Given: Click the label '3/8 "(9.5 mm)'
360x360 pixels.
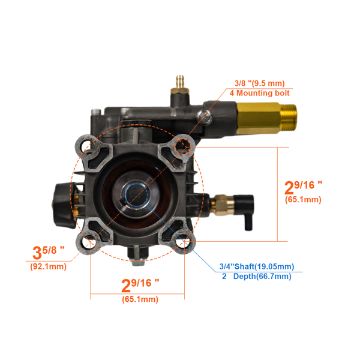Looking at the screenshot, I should tap(259, 83).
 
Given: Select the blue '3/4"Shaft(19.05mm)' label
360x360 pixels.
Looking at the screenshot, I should tap(255, 266).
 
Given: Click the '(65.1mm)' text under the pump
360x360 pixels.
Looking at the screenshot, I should tap(139, 299).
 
